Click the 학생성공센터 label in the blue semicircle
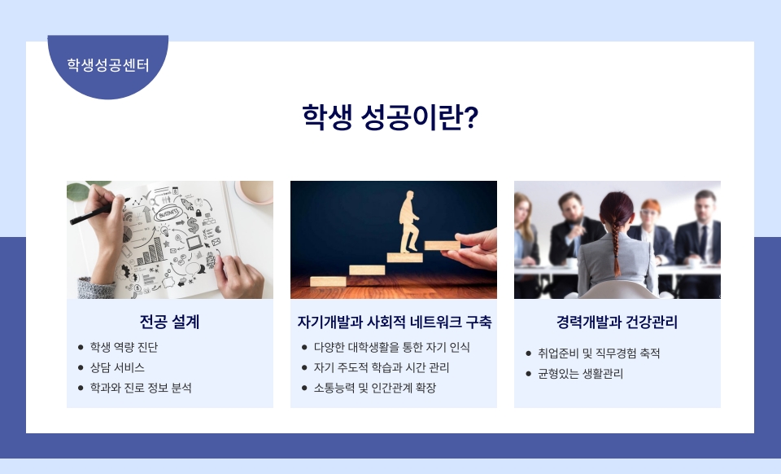[108, 65]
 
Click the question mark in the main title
[471, 117]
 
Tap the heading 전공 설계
[169, 322]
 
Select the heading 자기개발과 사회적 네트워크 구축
[394, 322]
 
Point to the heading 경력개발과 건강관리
[617, 322]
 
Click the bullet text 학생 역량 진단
[124, 348]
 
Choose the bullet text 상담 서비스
[117, 368]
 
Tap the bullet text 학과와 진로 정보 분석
[141, 388]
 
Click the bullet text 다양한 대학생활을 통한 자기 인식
[391, 348]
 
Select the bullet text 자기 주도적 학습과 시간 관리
[381, 368]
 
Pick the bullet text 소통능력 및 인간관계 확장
[374, 388]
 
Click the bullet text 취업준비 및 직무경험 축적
[599, 353]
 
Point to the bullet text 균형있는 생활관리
[580, 374]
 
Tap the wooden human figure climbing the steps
[409, 222]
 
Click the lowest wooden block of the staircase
[328, 282]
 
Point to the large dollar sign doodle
[193, 226]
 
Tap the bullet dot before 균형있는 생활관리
[529, 374]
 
